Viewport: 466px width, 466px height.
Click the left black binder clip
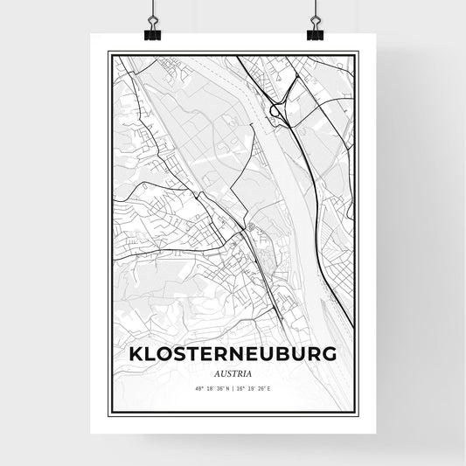(151, 33)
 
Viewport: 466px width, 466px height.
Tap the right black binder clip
(315, 33)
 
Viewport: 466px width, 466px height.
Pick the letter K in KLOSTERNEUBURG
(136, 354)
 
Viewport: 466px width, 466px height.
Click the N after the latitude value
(226, 387)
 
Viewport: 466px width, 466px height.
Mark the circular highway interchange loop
(278, 110)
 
